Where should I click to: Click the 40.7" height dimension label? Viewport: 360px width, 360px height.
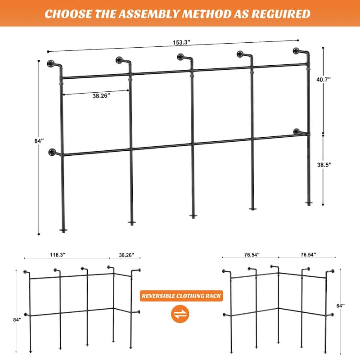click(x=336, y=79)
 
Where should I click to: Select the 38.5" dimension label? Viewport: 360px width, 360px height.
click(x=336, y=165)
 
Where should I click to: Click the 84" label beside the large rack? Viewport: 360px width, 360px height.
click(x=40, y=141)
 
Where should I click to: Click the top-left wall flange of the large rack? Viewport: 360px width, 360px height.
click(x=50, y=63)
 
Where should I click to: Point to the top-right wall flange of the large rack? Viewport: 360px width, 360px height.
click(x=297, y=50)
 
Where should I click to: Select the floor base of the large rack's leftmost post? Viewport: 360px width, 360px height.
click(x=63, y=230)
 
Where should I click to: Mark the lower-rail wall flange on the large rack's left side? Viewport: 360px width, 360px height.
click(x=53, y=152)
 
